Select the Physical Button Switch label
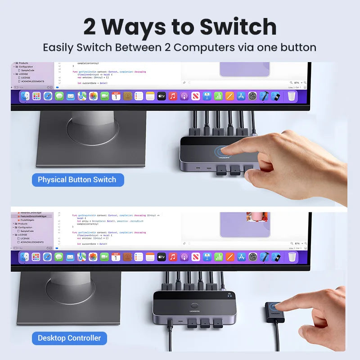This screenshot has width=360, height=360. [77, 180]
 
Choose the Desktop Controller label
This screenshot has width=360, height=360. [69, 338]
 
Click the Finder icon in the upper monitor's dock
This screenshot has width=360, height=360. [25, 96]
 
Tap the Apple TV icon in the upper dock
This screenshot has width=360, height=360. [162, 96]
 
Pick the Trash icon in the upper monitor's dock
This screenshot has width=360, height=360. [292, 96]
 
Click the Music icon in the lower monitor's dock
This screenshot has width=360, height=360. [173, 257]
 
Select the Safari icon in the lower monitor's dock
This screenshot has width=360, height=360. [47, 257]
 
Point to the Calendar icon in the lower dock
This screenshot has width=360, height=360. [116, 257]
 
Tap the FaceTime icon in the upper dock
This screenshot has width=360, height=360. [104, 96]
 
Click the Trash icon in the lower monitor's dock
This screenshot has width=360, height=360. [292, 257]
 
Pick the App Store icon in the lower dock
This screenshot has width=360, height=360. [241, 257]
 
